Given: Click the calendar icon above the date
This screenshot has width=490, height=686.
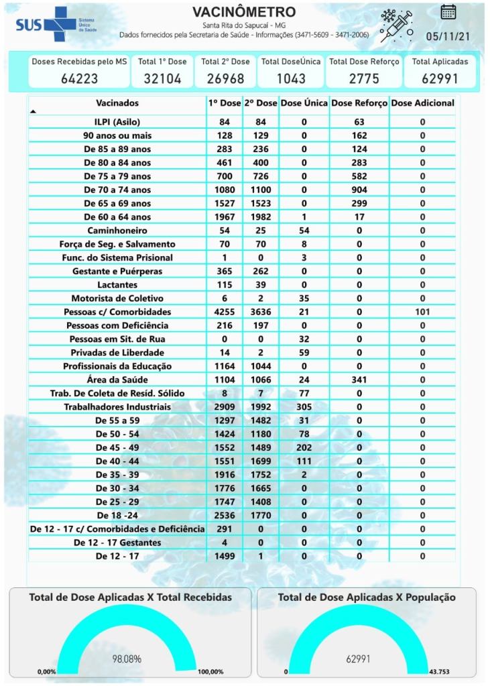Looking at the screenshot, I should tap(448, 11).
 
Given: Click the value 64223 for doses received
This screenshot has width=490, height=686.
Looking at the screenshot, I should tap(79, 78).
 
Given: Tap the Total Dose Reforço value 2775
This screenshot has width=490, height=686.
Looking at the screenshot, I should tap(364, 78).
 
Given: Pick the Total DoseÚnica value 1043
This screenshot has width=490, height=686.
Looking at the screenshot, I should tap(292, 78).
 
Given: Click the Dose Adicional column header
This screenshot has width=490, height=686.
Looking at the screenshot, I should tap(422, 103).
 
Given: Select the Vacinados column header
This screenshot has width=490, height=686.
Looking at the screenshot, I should tap(117, 103).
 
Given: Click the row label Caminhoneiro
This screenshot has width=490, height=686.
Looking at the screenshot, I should tap(117, 230).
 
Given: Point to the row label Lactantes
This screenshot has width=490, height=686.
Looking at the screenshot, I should tap(117, 284).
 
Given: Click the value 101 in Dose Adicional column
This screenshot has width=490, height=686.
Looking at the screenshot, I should tap(422, 312).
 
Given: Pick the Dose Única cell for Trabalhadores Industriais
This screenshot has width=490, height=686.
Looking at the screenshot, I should tap(304, 407).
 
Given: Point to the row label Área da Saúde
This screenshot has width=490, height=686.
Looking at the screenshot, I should tap(117, 380).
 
